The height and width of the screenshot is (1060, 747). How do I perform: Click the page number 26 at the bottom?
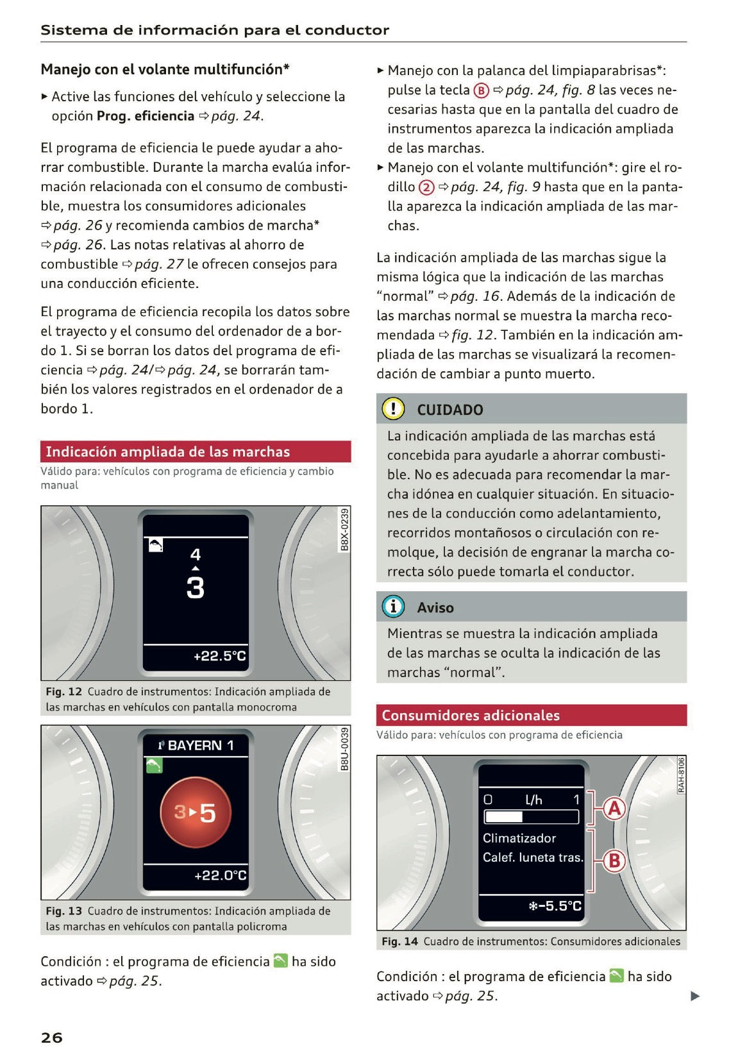51,1038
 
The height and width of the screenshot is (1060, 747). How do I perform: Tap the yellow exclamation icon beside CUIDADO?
392,408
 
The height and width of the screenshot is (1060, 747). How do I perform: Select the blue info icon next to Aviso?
392,606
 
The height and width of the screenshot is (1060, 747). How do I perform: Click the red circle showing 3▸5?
196,812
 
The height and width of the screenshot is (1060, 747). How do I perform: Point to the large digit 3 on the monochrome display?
196,587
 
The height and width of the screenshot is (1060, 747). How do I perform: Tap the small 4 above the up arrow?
196,553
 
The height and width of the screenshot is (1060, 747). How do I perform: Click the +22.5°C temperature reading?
219,656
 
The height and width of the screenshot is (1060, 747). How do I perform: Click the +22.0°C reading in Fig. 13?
220,875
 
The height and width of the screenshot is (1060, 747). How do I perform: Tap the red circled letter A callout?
614,808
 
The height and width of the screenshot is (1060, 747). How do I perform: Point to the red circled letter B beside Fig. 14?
614,861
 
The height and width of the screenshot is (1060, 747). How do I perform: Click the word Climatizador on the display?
519,838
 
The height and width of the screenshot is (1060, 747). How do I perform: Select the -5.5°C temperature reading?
555,905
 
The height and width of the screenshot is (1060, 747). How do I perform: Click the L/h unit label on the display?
533,800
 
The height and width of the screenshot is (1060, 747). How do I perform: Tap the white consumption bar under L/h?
503,817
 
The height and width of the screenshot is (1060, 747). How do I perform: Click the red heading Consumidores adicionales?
470,715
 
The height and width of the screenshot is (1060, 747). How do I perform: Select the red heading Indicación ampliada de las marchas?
167,451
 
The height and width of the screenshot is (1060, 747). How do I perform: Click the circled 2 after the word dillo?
426,187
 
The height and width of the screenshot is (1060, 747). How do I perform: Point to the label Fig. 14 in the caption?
399,941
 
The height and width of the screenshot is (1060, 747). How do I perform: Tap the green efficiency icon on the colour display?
154,765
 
